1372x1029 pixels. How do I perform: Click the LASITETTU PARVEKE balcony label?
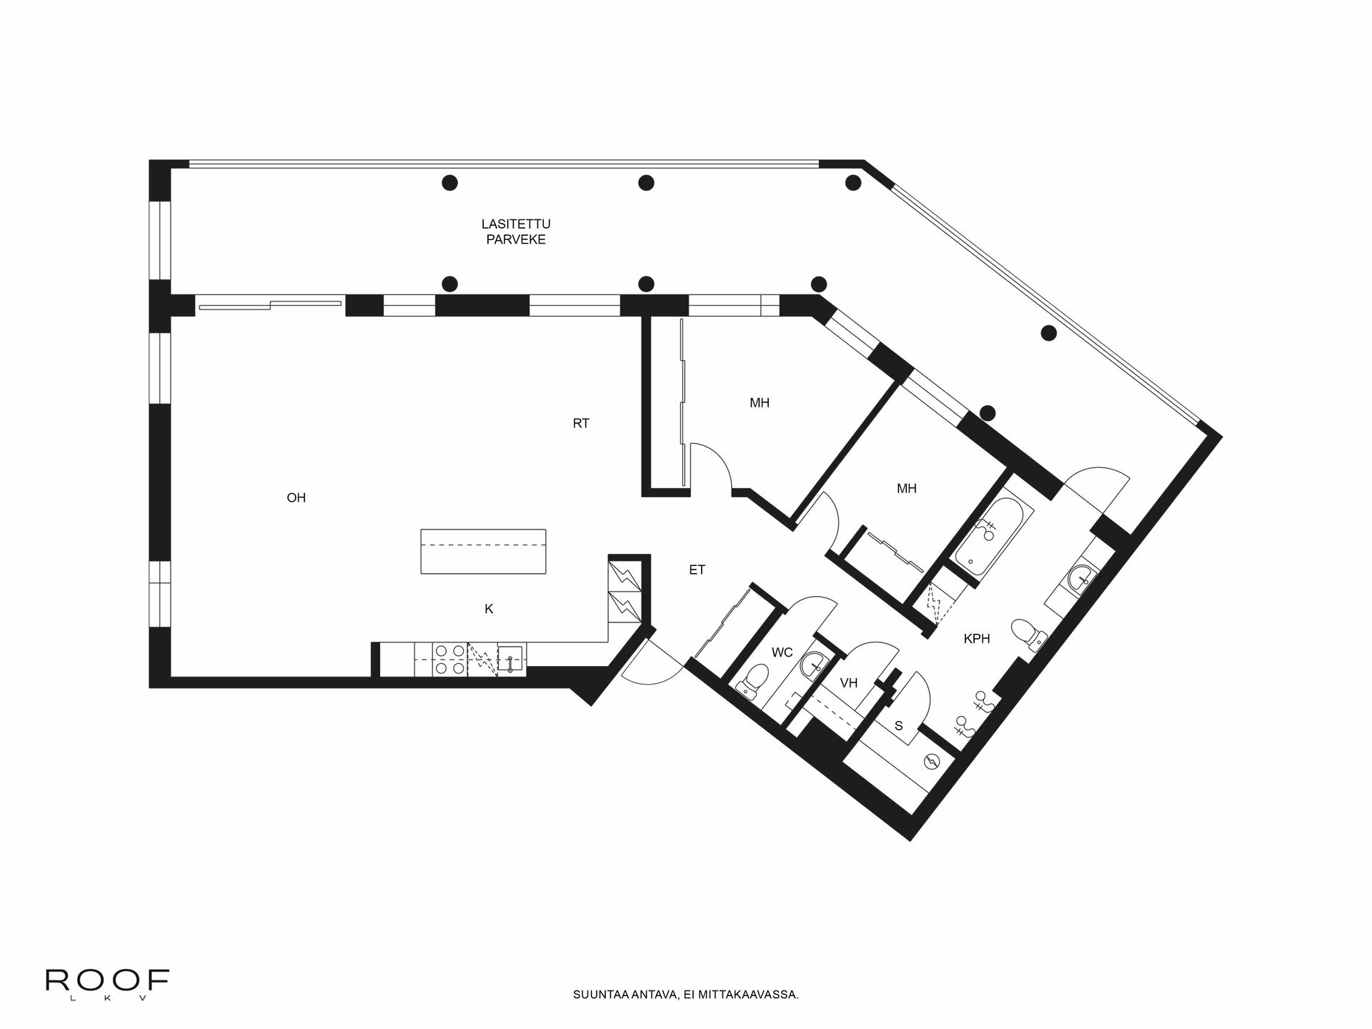click(516, 232)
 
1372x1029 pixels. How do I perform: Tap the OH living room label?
click(296, 498)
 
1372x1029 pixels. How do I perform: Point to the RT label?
click(581, 424)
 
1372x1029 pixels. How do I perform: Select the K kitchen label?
click(489, 610)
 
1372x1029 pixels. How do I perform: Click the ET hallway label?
click(697, 570)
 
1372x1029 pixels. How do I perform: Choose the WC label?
click(782, 652)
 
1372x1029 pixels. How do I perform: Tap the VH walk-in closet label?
click(848, 683)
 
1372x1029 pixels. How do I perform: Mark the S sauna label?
click(899, 726)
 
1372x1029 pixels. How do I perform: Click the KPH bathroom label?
click(977, 639)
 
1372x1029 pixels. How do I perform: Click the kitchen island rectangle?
click(483, 551)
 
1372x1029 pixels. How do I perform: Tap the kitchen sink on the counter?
click(510, 660)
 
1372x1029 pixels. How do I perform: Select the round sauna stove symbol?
click(932, 762)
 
